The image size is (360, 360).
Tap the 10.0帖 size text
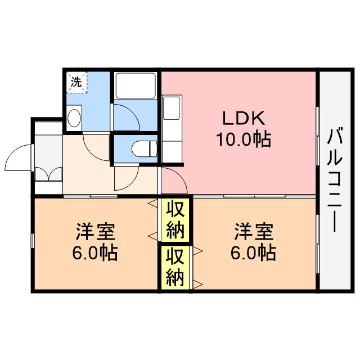(244, 138)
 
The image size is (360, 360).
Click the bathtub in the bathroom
(136, 85)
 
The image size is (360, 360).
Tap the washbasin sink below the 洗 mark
(74, 118)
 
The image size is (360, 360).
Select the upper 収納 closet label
(175, 219)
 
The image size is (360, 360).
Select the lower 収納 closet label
(175, 268)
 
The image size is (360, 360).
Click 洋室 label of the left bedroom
(94, 231)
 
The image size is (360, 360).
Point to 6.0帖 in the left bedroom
(94, 253)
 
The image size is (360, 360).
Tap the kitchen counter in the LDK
(172, 127)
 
